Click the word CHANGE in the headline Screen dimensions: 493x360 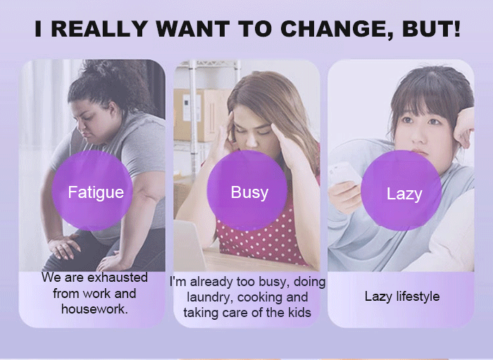(337, 29)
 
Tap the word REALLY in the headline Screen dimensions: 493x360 (99, 29)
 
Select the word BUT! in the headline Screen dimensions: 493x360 (431, 29)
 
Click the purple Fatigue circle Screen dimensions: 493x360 (92, 190)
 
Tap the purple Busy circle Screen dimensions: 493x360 (247, 190)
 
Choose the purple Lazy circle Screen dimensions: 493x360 (401, 190)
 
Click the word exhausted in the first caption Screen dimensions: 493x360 (118, 278)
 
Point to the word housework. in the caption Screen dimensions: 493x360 (94, 309)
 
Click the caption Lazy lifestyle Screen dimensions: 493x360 (402, 297)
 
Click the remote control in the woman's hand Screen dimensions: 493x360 (344, 173)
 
